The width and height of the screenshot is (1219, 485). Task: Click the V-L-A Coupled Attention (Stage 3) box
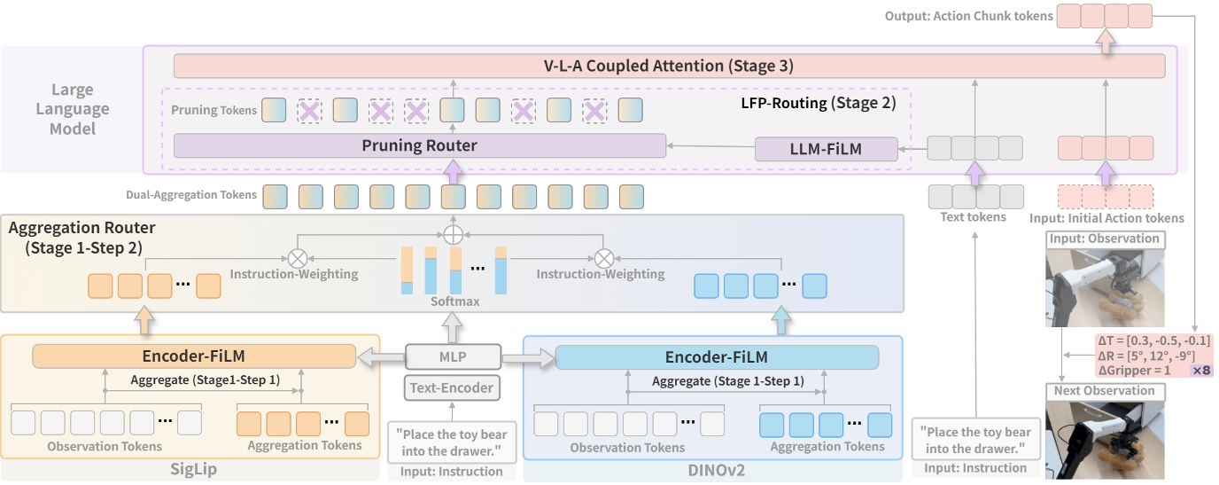click(669, 66)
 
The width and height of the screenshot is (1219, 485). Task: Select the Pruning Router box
click(419, 145)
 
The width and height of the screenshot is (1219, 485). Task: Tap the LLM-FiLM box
click(826, 149)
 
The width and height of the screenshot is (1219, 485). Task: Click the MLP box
click(452, 357)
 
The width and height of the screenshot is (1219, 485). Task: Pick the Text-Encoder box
click(452, 387)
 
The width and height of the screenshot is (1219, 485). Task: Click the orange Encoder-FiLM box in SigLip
click(194, 356)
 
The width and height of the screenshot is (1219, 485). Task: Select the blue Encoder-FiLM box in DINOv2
click(716, 357)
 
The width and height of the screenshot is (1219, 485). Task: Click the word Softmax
click(454, 301)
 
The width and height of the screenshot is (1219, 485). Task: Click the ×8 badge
click(1201, 370)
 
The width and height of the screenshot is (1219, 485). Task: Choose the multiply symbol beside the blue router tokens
click(603, 258)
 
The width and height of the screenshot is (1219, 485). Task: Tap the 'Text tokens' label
click(973, 216)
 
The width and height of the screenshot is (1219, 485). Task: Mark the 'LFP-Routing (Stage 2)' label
click(818, 103)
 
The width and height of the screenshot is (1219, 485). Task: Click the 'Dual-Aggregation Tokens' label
click(191, 195)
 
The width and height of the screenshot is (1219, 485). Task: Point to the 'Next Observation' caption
click(1104, 391)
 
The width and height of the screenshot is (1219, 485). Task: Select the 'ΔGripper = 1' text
click(1134, 370)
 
